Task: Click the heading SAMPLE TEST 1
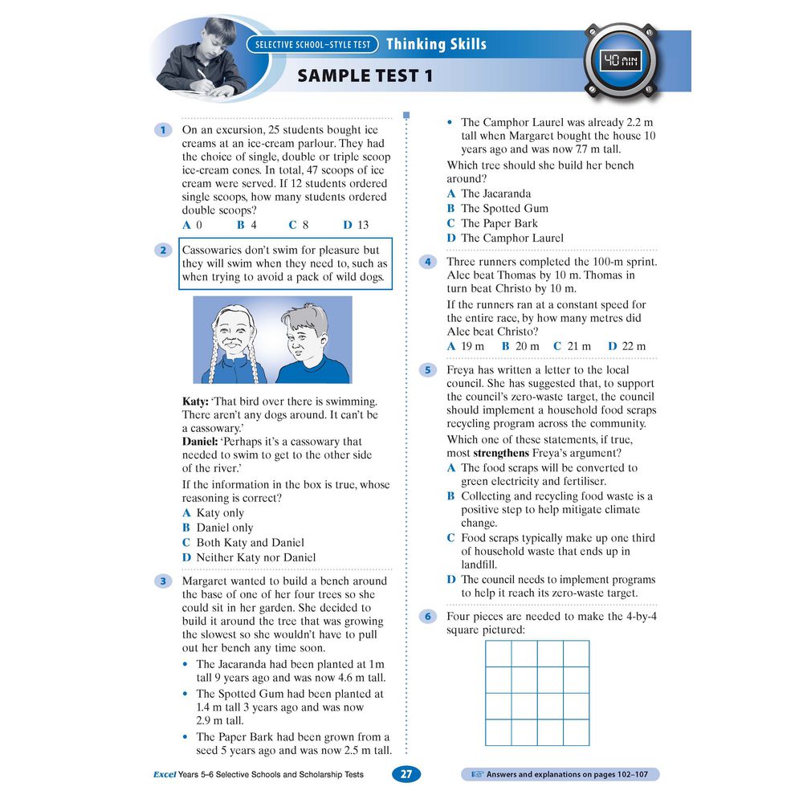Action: pyautogui.click(x=365, y=76)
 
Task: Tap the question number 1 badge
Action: pyautogui.click(x=163, y=129)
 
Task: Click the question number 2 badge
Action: pyautogui.click(x=163, y=251)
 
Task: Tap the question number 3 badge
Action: pyautogui.click(x=163, y=581)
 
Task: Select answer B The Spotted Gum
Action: pyautogui.click(x=498, y=209)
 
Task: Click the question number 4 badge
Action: pyautogui.click(x=428, y=262)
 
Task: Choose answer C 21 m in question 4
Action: pyautogui.click(x=572, y=346)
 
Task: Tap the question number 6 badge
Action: pyautogui.click(x=428, y=617)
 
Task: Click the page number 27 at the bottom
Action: pyautogui.click(x=406, y=774)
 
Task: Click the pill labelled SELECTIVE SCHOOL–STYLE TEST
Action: pyautogui.click(x=313, y=44)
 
